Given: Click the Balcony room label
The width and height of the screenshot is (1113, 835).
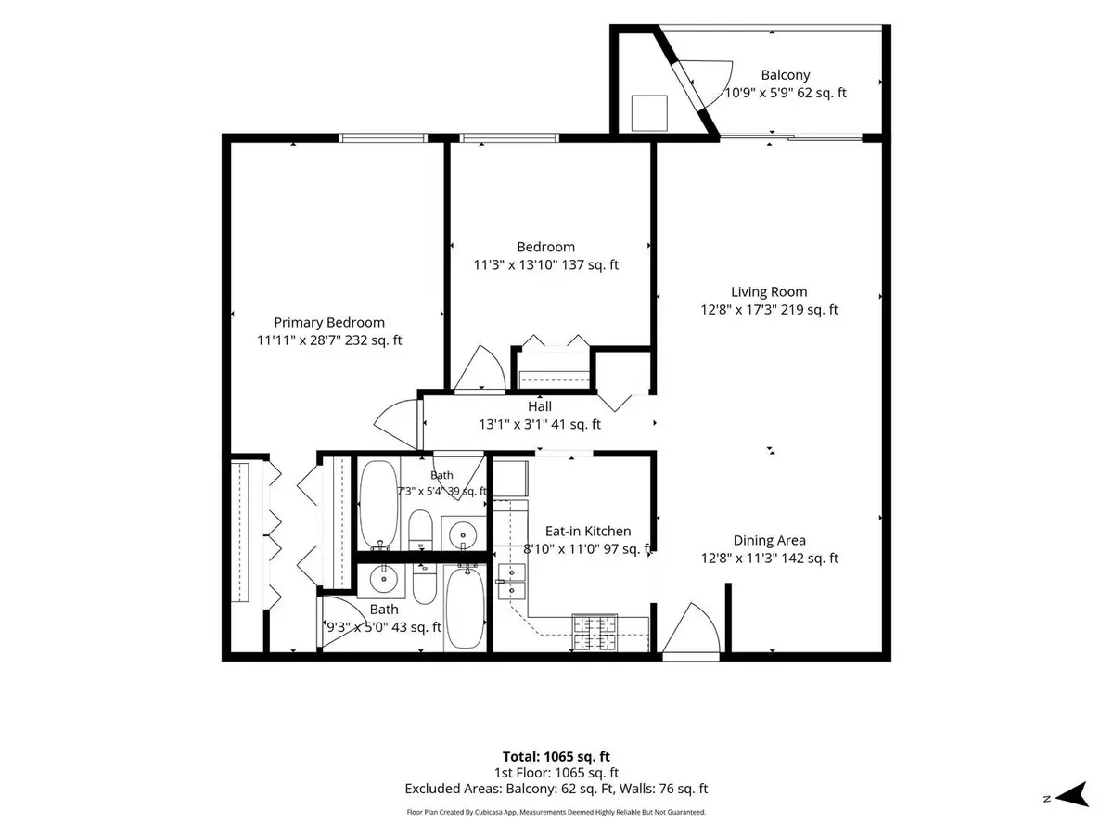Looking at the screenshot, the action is click(x=785, y=75).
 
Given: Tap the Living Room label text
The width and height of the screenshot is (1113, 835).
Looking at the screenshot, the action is click(x=769, y=291).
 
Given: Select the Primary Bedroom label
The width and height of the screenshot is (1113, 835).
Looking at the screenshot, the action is click(x=329, y=323).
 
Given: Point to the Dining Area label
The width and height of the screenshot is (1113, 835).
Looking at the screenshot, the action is click(x=769, y=541).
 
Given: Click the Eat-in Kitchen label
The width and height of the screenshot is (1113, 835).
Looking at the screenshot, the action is click(x=588, y=531).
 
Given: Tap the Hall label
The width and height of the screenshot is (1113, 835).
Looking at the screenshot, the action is click(x=540, y=406).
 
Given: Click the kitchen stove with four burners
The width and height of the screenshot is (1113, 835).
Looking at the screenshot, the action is click(x=595, y=632).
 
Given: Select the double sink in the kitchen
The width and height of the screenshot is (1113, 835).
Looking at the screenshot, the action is click(x=511, y=581).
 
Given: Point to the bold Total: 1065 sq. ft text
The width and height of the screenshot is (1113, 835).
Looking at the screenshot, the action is click(x=556, y=757).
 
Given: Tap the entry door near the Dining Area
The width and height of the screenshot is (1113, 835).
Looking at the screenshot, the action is click(x=691, y=629).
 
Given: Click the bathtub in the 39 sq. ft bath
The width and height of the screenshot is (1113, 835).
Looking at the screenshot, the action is click(x=378, y=505).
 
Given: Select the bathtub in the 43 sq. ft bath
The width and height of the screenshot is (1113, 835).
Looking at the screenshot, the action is click(x=466, y=608).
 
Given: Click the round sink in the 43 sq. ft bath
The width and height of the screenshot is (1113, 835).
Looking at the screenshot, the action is click(x=383, y=579).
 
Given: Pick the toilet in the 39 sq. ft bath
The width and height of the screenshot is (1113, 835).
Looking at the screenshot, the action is click(x=420, y=529).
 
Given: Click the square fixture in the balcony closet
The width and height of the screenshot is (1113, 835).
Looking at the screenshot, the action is click(x=649, y=113).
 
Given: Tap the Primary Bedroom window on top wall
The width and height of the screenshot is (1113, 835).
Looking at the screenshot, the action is click(x=383, y=138).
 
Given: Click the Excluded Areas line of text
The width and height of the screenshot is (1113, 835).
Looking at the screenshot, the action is click(x=556, y=789).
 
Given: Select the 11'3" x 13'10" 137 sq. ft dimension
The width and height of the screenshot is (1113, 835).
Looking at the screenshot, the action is click(x=545, y=264).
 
